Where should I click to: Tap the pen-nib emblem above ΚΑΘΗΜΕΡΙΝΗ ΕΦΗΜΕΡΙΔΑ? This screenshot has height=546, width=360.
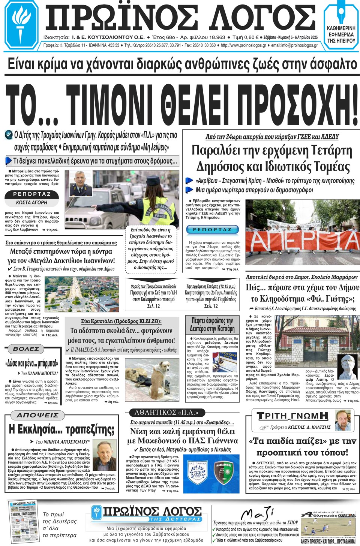point(341,14)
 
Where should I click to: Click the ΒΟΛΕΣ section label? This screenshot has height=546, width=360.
point(26,349)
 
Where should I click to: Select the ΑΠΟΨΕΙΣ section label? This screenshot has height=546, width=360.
point(38,415)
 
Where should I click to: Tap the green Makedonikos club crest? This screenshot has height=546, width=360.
point(224,473)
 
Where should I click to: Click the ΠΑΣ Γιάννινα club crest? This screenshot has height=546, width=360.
point(198,473)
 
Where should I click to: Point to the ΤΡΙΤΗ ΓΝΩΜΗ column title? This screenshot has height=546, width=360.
point(292,416)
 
